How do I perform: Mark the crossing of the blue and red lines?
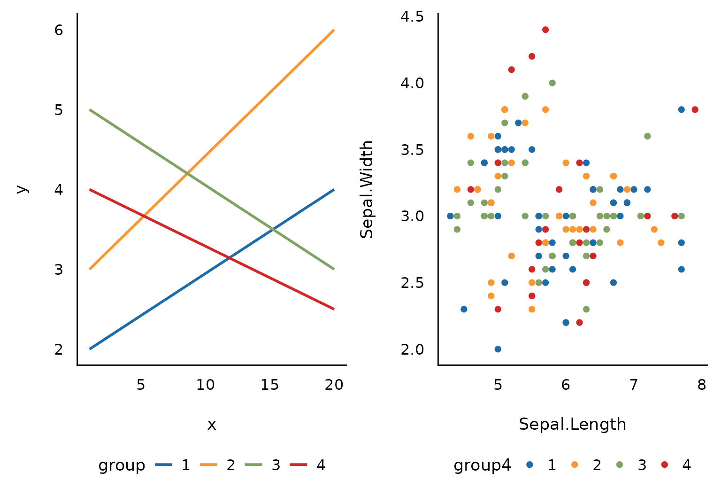[229, 258]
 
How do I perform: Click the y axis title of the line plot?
[22, 189]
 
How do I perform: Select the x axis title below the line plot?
[212, 425]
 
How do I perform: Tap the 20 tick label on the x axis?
[334, 385]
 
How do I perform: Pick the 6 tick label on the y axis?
[59, 30]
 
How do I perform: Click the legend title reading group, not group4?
[122, 465]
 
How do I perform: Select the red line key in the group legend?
[299, 465]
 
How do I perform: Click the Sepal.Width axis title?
[367, 189]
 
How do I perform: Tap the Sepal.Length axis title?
[572, 425]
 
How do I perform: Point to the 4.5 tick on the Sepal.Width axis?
[412, 17]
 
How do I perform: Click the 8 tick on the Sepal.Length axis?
[701, 385]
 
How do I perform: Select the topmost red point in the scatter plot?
[545, 30]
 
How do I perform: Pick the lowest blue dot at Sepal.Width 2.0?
[498, 349]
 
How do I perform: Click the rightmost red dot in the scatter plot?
[695, 109]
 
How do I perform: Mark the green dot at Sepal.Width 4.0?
[552, 83]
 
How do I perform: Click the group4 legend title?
[482, 465]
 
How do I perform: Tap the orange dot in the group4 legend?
[575, 465]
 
